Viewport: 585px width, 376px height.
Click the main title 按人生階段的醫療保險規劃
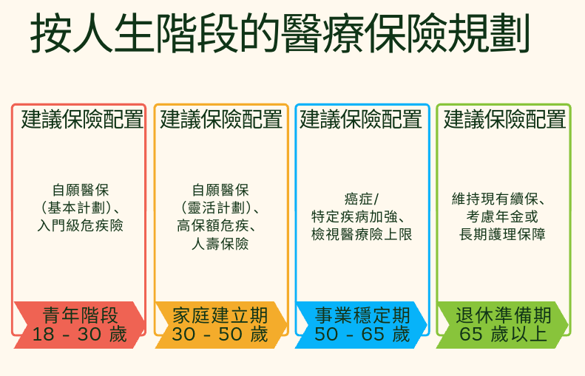(281, 35)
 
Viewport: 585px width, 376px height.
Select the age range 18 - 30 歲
(80, 335)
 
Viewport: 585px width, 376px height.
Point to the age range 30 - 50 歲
(220, 335)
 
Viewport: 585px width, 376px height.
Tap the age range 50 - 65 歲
(362, 335)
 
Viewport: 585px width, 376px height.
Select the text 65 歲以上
(504, 335)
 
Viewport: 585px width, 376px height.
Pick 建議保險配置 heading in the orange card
(221, 120)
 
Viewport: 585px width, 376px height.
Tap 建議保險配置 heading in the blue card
(361, 120)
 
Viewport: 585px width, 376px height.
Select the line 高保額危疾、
(220, 225)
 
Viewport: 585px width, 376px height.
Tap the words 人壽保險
(220, 244)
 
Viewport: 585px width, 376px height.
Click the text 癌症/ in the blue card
(362, 199)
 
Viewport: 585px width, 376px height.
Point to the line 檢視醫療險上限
(362, 235)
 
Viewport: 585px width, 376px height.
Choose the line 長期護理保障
(503, 235)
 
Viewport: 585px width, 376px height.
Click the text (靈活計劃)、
(220, 208)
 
